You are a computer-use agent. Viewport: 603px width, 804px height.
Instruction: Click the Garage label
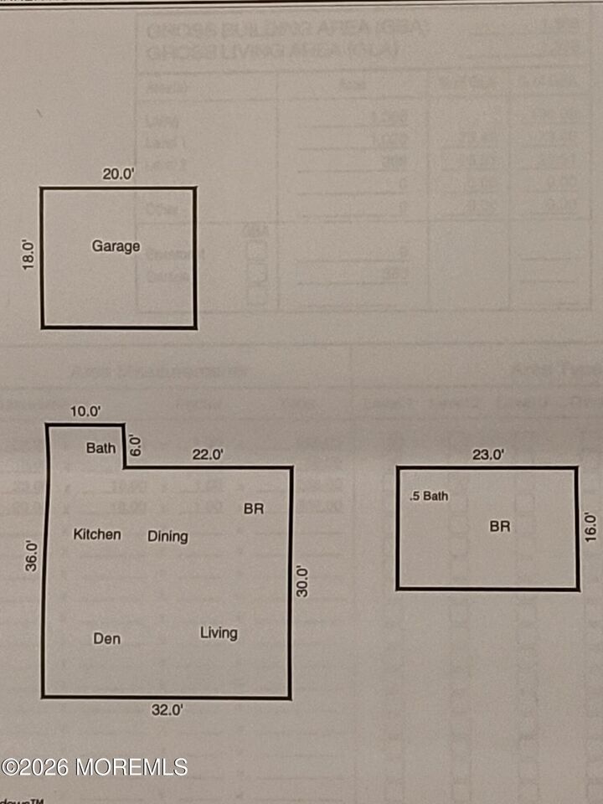pos(116,247)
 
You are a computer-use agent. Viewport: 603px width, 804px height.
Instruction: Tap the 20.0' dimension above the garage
pos(118,174)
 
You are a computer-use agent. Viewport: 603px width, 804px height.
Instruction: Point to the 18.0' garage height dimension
pos(28,256)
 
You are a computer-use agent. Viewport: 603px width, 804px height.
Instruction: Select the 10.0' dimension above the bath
pos(85,411)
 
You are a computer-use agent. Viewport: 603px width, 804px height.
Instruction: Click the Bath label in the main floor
pos(101,448)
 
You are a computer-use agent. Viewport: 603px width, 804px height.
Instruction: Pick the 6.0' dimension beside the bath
pos(137,445)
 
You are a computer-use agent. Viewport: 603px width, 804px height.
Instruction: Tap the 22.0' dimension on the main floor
pos(208,454)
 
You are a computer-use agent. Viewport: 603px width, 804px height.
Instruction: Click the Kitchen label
pos(97,534)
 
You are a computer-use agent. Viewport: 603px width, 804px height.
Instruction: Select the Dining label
pos(167,536)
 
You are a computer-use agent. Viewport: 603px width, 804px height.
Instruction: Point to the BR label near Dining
pos(254,508)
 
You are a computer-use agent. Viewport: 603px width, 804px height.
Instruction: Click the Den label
pos(106,639)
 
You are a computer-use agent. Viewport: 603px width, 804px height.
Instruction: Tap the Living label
pos(219,633)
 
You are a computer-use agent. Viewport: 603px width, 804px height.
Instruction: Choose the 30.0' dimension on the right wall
pos(303,581)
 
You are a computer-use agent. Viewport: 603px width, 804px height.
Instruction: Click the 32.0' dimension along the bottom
pos(167,710)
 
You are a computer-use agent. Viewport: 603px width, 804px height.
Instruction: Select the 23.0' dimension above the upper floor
pos(488,456)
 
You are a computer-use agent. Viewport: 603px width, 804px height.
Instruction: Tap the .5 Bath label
pos(429,497)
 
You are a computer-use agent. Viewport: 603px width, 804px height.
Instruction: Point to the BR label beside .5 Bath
pos(500,527)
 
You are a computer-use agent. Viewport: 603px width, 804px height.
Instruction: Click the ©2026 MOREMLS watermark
pos(94,766)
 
